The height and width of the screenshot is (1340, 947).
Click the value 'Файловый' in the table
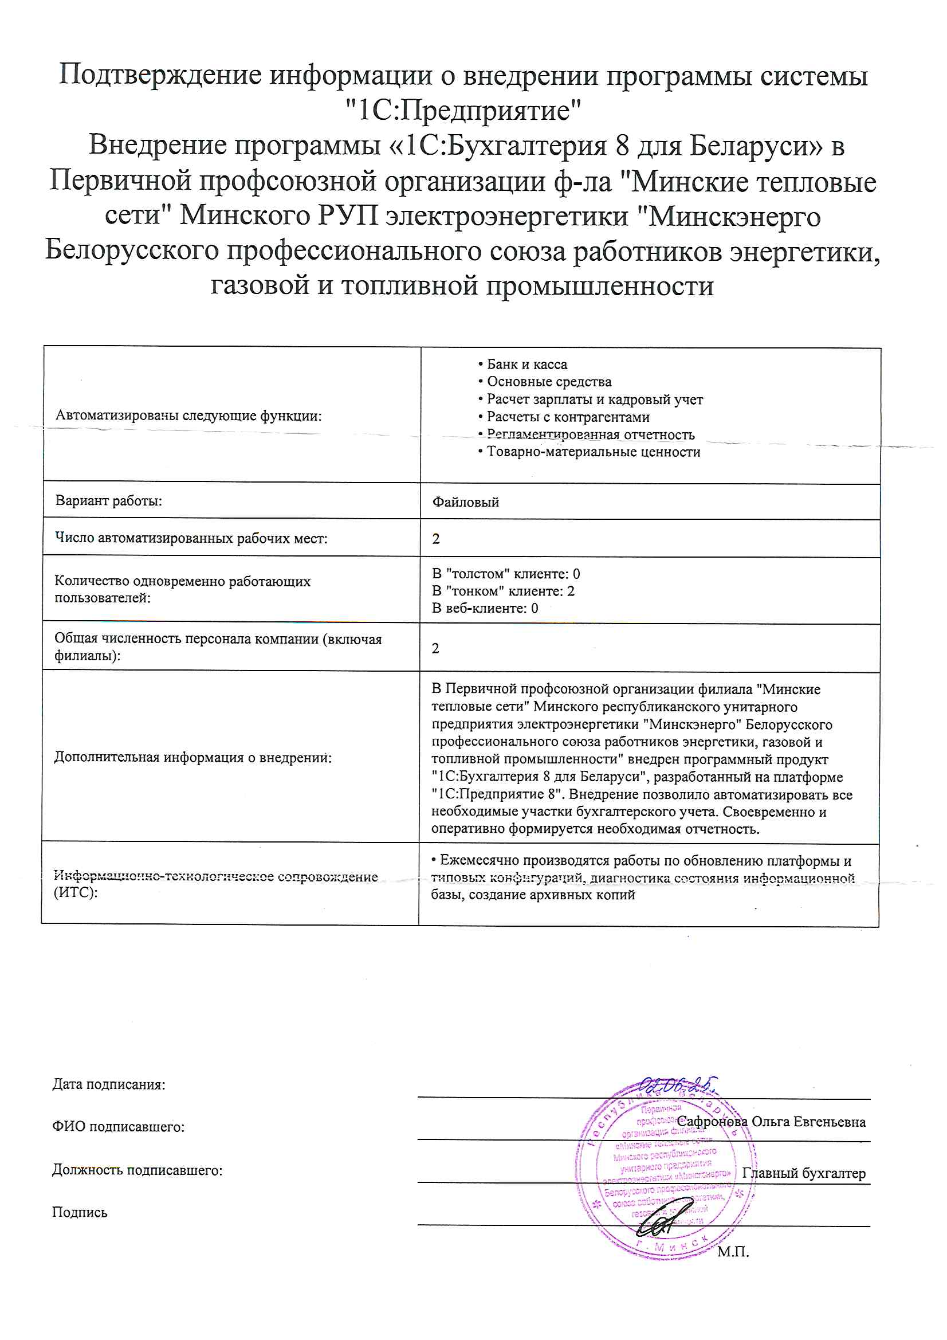(465, 502)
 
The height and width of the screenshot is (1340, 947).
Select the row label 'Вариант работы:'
(108, 501)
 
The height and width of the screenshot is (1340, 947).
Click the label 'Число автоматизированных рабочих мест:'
(191, 538)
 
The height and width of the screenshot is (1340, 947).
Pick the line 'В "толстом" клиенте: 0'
(505, 574)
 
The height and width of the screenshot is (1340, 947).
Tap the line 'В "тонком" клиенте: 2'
(502, 591)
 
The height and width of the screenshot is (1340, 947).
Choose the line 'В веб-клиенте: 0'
(484, 608)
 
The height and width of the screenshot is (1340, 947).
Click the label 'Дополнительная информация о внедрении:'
(192, 758)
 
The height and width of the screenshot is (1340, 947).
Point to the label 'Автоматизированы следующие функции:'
(188, 416)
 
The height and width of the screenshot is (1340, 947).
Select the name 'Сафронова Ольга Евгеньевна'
(771, 1122)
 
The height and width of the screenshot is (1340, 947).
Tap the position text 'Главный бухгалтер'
(803, 1173)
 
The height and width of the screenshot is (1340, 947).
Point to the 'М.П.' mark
(733, 1252)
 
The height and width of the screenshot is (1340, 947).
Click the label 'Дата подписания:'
(108, 1084)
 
